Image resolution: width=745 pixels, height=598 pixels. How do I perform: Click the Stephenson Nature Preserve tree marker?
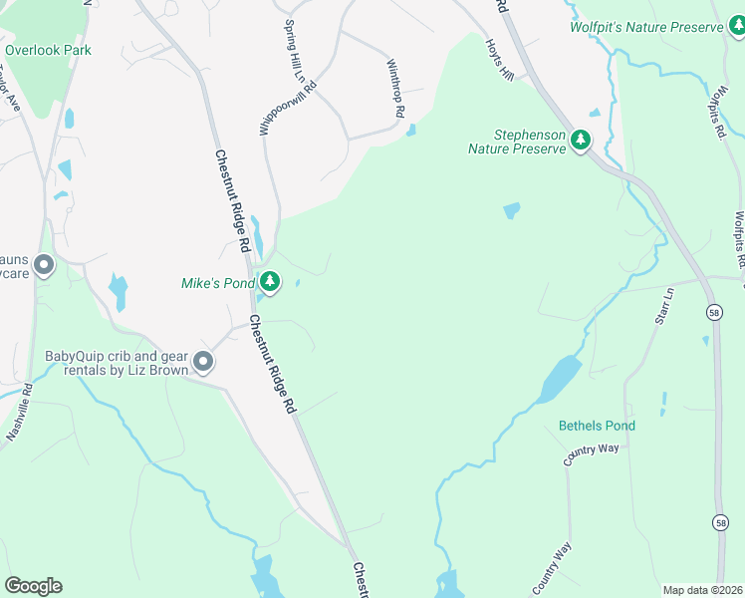pyautogui.click(x=581, y=143)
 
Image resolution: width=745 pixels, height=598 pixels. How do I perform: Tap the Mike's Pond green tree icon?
pyautogui.click(x=269, y=283)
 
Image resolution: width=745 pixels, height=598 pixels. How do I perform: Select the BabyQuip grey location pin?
pyautogui.click(x=204, y=362)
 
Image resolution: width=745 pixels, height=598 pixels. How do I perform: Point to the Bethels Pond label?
pyautogui.click(x=597, y=426)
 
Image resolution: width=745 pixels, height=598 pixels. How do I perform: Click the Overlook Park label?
pyautogui.click(x=48, y=49)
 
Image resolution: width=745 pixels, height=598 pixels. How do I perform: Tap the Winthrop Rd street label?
pyautogui.click(x=394, y=90)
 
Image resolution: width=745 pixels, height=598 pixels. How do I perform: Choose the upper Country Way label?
pyautogui.click(x=591, y=454)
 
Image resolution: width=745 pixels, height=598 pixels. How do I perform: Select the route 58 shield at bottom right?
pyautogui.click(x=720, y=522)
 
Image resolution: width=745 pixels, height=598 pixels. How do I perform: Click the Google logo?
pyautogui.click(x=33, y=586)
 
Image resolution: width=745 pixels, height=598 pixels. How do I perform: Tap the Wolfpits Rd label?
pyautogui.click(x=735, y=232)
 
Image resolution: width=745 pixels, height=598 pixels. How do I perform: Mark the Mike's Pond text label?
pyautogui.click(x=218, y=283)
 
